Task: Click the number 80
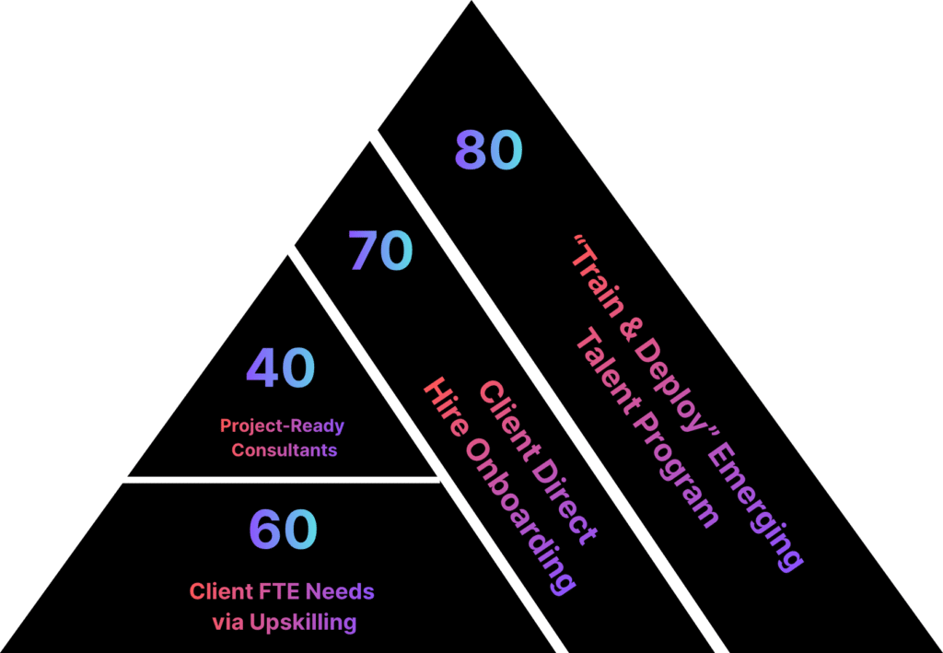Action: pos(488,151)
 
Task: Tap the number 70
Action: pos(380,251)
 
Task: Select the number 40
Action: pos(280,367)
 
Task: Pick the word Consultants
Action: pos(284,450)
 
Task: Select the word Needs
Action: pos(338,590)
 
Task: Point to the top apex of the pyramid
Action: pos(472,3)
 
